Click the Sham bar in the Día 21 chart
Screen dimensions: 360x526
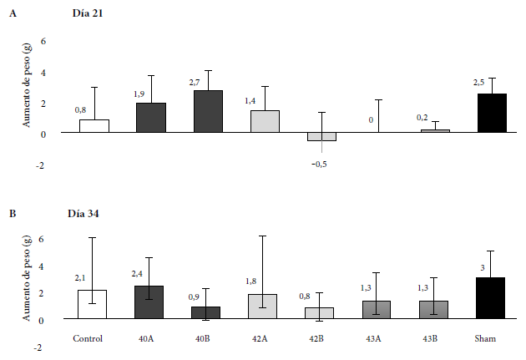click(493, 113)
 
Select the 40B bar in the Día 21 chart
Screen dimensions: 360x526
click(208, 111)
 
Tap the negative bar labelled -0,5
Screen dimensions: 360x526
click(322, 137)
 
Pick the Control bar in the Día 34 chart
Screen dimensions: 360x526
click(93, 304)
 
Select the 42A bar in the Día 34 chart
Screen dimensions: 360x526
click(265, 306)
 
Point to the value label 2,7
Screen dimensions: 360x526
click(197, 83)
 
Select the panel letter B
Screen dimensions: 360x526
click(12, 214)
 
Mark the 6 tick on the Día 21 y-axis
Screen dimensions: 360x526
click(44, 41)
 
